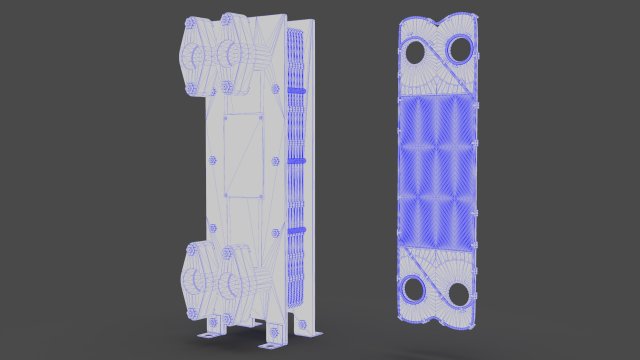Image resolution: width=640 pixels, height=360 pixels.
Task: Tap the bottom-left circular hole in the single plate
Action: (x=411, y=291)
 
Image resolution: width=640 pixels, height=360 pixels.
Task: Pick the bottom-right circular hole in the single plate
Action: (x=458, y=293)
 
